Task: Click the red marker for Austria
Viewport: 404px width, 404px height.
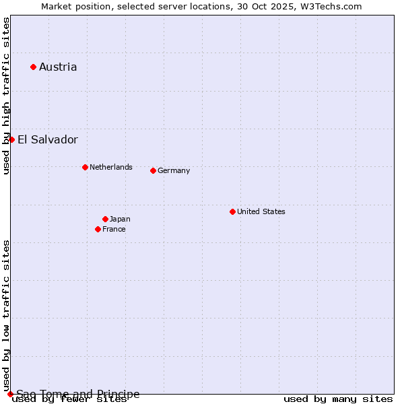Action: (x=33, y=67)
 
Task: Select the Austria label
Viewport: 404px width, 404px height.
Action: (x=58, y=67)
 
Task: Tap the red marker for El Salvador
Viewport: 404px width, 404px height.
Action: (x=11, y=139)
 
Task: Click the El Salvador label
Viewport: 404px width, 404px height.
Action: (x=48, y=140)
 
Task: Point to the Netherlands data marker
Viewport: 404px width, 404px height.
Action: (x=85, y=167)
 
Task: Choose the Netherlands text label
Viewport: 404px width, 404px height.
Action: (x=111, y=167)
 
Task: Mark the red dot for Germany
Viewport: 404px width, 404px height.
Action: (x=153, y=170)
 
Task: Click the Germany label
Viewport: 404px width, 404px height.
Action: (x=174, y=170)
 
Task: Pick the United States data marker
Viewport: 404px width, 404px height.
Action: (x=232, y=211)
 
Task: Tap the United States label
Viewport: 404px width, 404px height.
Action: (x=261, y=211)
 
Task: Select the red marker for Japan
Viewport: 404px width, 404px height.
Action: (x=105, y=219)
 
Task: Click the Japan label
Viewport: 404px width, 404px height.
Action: (x=120, y=219)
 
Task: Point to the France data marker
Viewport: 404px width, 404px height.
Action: (x=98, y=229)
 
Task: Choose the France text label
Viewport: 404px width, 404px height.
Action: (x=114, y=229)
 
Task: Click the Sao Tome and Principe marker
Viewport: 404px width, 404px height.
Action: (x=10, y=394)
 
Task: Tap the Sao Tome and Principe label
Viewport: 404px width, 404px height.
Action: (x=78, y=394)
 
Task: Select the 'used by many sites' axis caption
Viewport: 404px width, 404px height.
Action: (x=338, y=399)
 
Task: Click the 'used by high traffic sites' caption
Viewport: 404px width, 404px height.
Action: (x=7, y=96)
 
